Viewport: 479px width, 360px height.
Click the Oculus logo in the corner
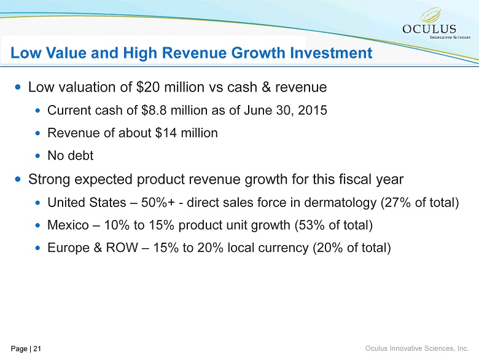438,24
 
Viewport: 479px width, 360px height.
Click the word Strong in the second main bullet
49,179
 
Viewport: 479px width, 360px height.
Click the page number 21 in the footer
37,349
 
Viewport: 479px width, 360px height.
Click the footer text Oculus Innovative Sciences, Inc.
416,348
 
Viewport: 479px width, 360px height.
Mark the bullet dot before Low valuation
18,88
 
